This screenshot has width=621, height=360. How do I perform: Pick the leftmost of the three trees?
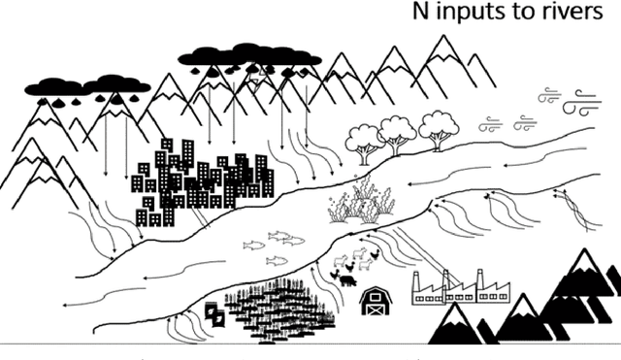(366, 138)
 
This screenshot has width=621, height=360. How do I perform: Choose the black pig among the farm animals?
(346, 280)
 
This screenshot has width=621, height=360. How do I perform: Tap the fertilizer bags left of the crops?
(214, 313)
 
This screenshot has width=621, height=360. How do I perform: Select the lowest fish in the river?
(278, 260)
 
